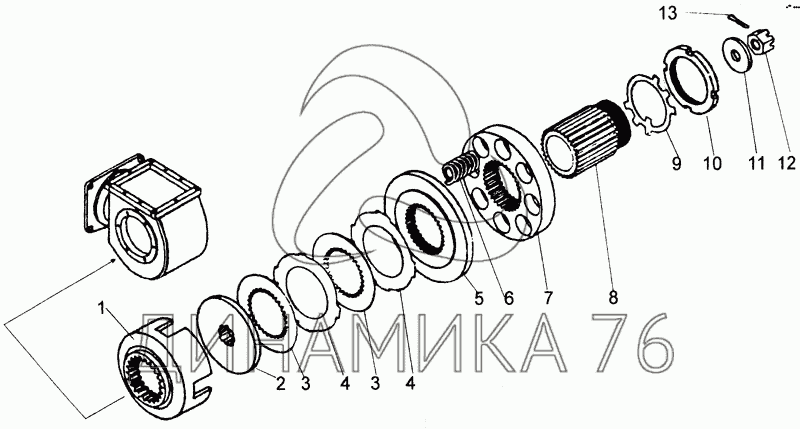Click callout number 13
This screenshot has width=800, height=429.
(x=667, y=13)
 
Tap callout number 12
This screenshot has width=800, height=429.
(x=786, y=162)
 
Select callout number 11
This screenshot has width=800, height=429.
(x=756, y=163)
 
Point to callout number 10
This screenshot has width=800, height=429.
(x=712, y=163)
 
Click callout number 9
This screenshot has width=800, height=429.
(x=676, y=163)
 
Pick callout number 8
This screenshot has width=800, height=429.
(x=613, y=297)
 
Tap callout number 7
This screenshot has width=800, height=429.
(x=547, y=297)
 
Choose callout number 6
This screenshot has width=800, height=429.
(x=508, y=297)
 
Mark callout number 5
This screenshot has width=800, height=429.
(x=478, y=297)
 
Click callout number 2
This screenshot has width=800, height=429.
(x=280, y=383)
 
